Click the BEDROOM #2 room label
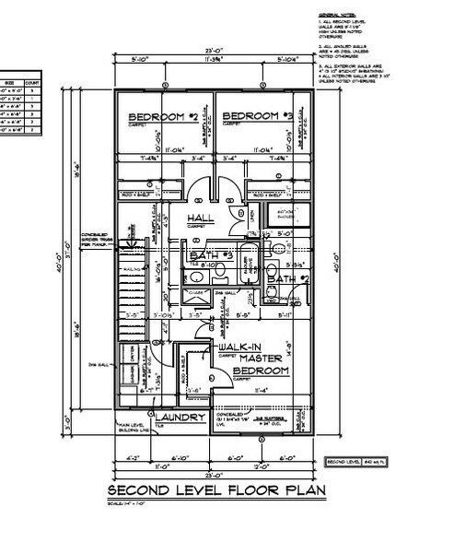point(162,117)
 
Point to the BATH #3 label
point(209,254)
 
